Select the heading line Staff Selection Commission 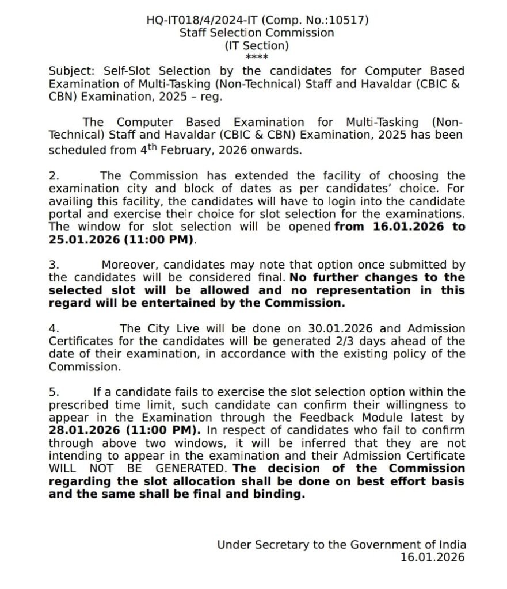(257, 33)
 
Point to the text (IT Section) (257, 45)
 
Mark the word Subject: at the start (73, 71)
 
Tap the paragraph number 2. (54, 176)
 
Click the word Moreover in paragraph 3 (128, 265)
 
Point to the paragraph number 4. (54, 329)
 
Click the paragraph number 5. (54, 392)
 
